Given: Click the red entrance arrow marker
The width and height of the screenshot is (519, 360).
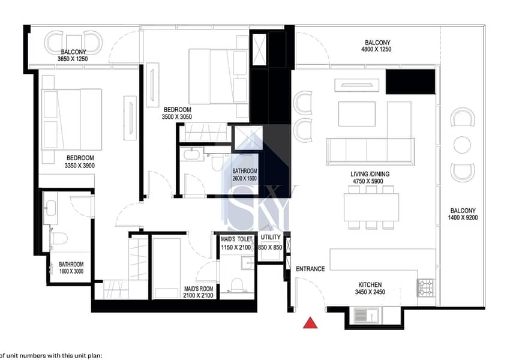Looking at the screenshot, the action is click(310, 323).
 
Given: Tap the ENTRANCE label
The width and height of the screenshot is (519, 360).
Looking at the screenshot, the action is click(310, 269).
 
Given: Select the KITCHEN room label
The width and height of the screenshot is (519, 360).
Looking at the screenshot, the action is click(370, 284).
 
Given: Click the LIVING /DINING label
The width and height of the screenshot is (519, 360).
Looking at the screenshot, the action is click(370, 174).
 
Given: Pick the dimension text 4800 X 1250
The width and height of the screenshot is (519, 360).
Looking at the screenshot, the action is click(376, 49).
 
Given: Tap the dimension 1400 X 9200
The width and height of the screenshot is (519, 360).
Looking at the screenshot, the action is click(463, 218).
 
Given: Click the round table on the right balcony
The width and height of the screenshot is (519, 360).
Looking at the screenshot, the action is click(462, 145).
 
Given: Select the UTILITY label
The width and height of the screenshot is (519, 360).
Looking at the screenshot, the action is click(271, 237).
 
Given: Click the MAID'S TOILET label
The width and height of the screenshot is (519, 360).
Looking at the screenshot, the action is click(236, 239).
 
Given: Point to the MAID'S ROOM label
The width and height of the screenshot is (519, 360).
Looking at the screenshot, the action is click(198, 289).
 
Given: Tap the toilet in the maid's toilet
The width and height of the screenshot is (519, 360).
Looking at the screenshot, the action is click(236, 285).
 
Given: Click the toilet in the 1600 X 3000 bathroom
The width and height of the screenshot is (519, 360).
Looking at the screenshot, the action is click(59, 238).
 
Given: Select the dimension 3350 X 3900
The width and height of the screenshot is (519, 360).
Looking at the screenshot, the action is click(79, 166).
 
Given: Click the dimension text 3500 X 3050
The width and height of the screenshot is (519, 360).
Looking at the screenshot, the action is click(177, 117).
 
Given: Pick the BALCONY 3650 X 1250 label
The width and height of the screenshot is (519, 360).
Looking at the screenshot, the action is click(73, 55).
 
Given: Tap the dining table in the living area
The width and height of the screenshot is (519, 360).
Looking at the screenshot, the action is click(371, 208).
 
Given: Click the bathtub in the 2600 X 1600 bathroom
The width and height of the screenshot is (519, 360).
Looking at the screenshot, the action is click(192, 155).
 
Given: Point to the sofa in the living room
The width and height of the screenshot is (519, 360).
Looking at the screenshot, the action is click(370, 151).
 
